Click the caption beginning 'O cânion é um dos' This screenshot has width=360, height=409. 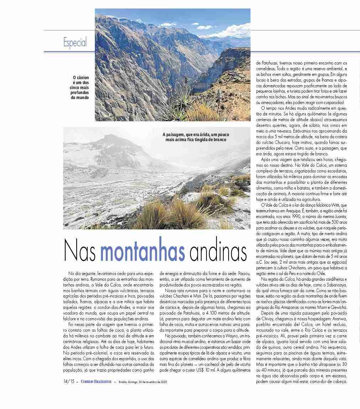[x=80, y=87]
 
